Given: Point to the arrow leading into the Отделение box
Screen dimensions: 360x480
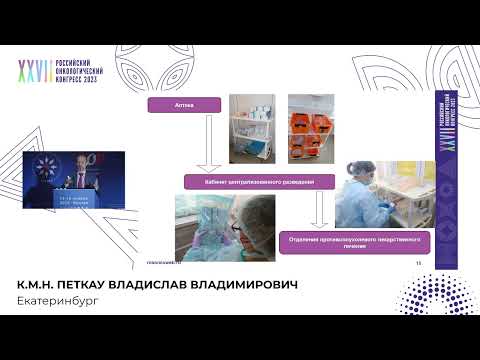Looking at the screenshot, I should pyautogui.click(x=318, y=211).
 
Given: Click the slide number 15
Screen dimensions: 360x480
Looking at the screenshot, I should pyautogui.click(x=418, y=262).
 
